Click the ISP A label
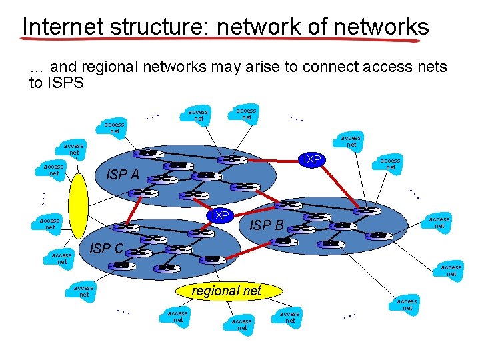tap(123, 175)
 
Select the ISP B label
tap(267, 226)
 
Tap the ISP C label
tap(107, 249)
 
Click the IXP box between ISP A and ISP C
tap(218, 215)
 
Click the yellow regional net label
tap(227, 291)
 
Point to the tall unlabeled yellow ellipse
tap(78, 206)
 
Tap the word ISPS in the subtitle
tap(65, 83)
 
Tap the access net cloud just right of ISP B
tap(439, 223)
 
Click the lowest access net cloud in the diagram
tap(242, 324)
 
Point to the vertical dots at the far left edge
tap(40, 197)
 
